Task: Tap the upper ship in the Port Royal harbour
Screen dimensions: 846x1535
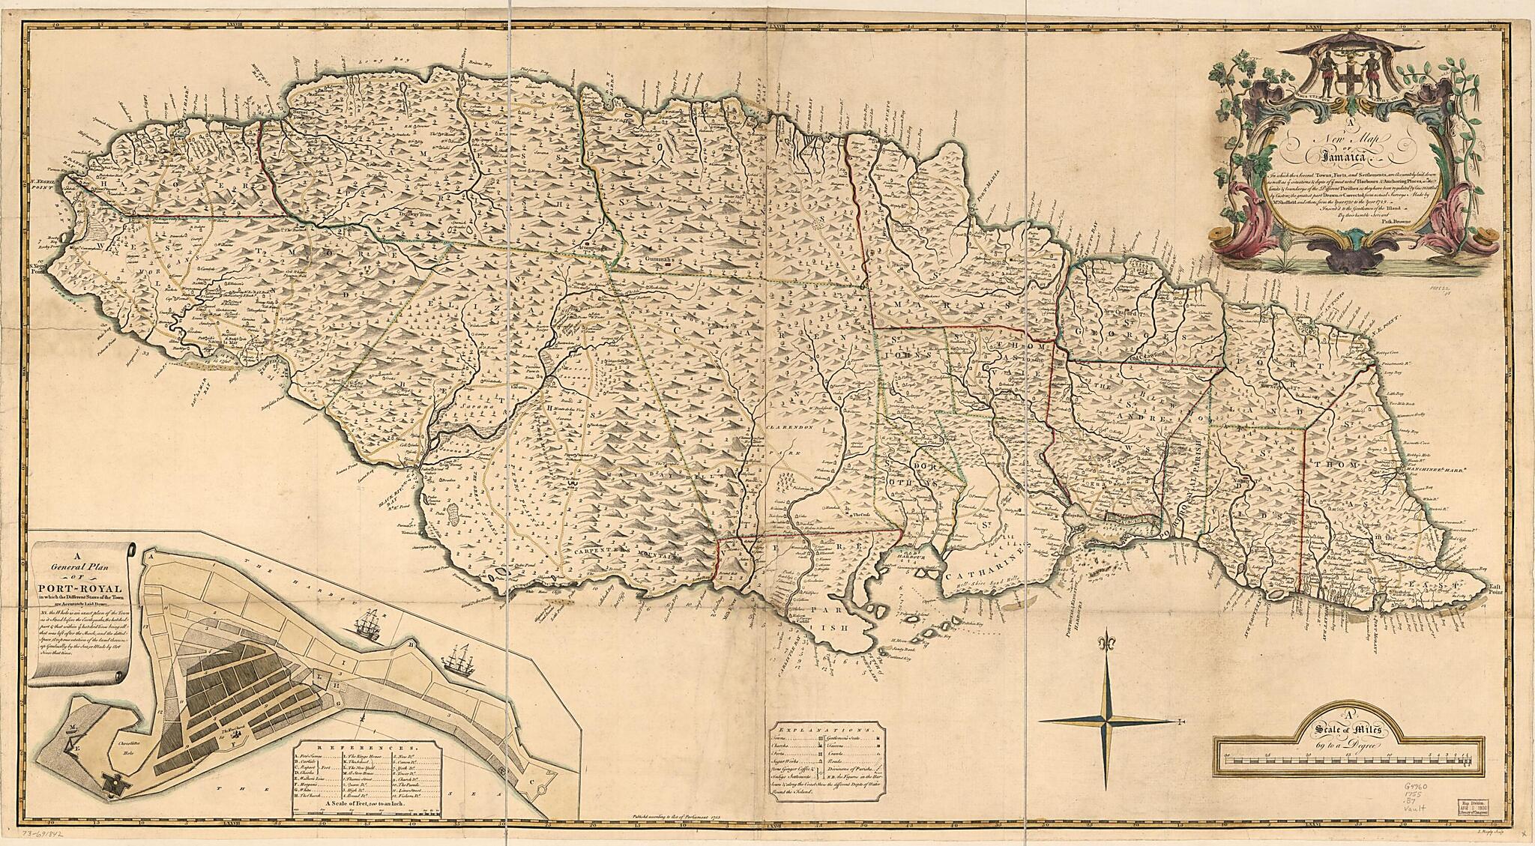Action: pyautogui.click(x=372, y=622)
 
